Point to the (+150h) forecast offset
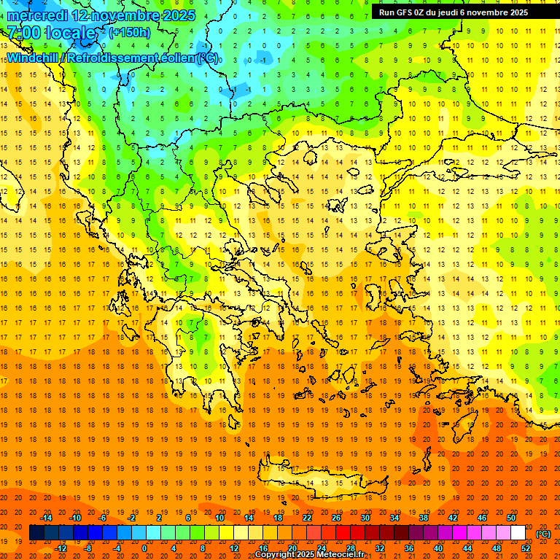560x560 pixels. (x=130, y=33)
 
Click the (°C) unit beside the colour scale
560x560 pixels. (x=543, y=534)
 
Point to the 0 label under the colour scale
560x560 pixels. (x=144, y=548)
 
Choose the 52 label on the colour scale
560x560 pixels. (x=526, y=548)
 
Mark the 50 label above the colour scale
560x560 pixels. (x=511, y=518)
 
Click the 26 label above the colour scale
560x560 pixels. (x=336, y=518)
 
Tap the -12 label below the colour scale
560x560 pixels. (x=61, y=548)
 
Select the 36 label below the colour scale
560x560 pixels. (x=409, y=548)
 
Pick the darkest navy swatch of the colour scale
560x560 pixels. (x=36, y=533)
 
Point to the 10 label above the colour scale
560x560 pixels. (x=219, y=518)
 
